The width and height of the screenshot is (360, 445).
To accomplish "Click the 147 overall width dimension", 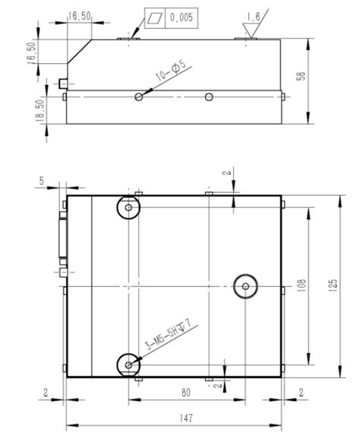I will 175,418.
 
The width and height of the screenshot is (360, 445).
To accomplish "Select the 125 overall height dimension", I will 331,286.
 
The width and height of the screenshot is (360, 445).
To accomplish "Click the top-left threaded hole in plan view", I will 129,207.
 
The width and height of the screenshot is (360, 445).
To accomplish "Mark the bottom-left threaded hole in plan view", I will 129,365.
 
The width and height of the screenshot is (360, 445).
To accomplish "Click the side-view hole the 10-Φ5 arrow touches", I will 139,96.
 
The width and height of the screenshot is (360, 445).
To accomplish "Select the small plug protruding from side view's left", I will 62,82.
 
